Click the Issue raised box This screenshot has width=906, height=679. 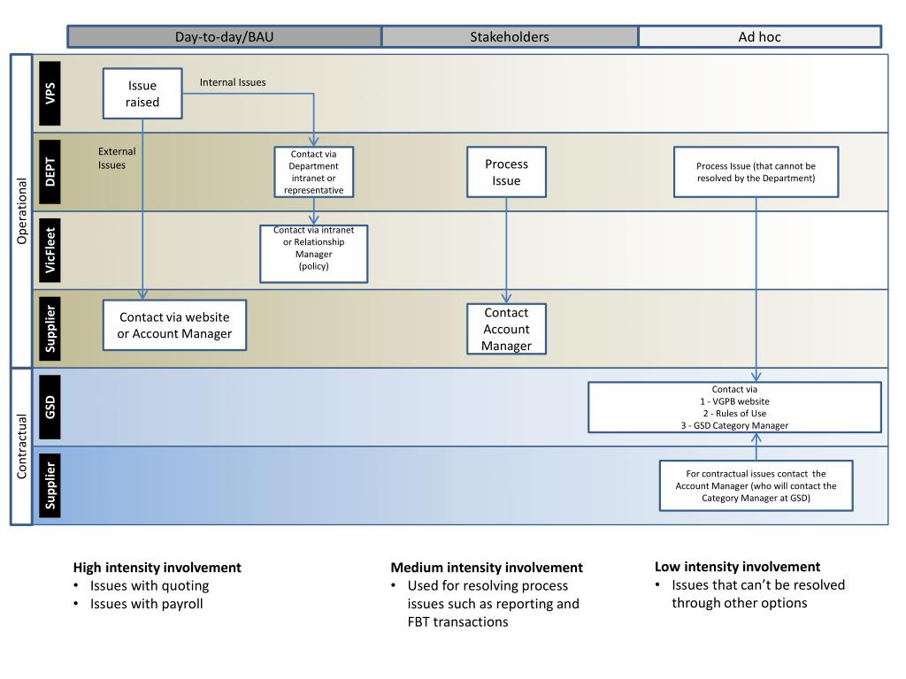tap(142, 93)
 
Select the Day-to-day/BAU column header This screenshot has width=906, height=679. tap(225, 37)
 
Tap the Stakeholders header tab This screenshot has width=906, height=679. tap(509, 37)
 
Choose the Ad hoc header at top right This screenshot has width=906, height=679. tap(759, 37)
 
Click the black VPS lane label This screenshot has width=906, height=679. tap(50, 93)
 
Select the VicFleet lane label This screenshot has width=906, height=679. tap(50, 249)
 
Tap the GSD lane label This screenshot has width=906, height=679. tap(50, 407)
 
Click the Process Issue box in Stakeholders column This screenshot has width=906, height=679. tap(507, 172)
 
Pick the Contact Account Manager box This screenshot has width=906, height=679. tap(506, 329)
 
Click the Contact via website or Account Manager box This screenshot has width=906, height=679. tap(174, 325)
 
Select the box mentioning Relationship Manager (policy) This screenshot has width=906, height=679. tap(313, 253)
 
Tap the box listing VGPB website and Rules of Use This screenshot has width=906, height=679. tap(734, 407)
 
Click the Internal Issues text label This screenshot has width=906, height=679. tap(233, 82)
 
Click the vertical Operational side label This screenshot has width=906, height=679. tap(22, 211)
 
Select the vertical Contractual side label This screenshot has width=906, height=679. tap(22, 446)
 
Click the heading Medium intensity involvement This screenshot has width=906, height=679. tap(487, 568)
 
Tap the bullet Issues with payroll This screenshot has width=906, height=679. tap(146, 604)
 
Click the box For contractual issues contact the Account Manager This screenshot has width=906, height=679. tap(756, 485)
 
